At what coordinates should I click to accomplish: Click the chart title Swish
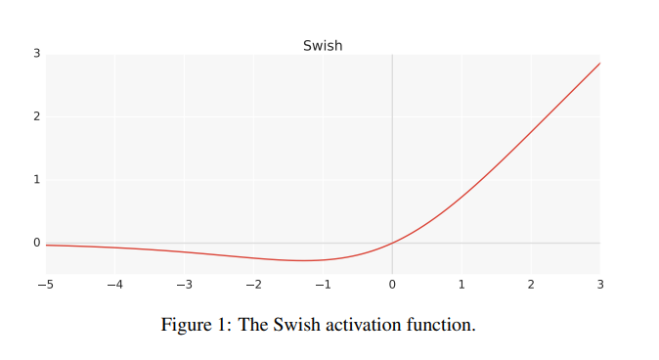[323, 45]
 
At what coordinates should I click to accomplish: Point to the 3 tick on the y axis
[36, 53]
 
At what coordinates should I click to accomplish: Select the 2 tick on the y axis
[36, 116]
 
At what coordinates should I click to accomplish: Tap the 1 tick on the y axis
[36, 179]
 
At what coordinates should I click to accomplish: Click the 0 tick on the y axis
[36, 243]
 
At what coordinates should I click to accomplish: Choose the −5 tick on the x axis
[45, 285]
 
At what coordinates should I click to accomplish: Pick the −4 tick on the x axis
[114, 285]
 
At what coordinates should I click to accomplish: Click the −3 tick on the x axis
[184, 285]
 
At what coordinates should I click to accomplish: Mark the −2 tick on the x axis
[253, 285]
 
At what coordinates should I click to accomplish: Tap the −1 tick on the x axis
[323, 285]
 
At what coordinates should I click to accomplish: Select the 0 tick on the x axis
[392, 285]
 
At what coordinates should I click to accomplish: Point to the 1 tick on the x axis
[461, 285]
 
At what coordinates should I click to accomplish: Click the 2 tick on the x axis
[531, 285]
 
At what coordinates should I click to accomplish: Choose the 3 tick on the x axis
[600, 285]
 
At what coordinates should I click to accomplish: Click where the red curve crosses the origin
[392, 243]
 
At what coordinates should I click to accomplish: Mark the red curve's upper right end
[599, 63]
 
